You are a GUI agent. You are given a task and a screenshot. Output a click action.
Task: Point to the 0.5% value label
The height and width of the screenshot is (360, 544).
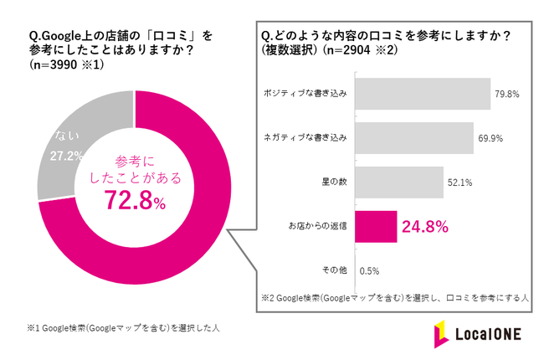[x=369, y=270]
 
